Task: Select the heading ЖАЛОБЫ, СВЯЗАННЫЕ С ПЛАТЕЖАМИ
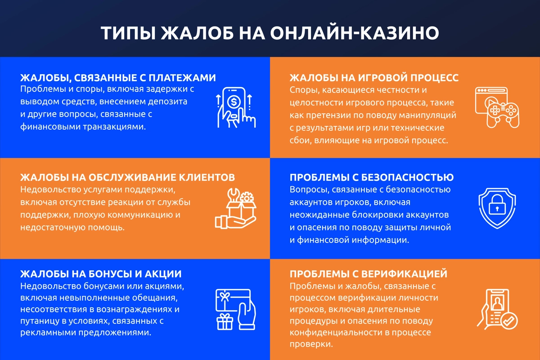pyautogui.click(x=118, y=77)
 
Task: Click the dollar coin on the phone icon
pyautogui.click(x=234, y=101)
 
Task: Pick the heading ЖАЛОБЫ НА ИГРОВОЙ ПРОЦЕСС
pyautogui.click(x=374, y=78)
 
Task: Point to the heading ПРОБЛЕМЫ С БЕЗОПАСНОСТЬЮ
pyautogui.click(x=372, y=177)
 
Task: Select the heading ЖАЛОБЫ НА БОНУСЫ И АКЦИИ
pyautogui.click(x=101, y=274)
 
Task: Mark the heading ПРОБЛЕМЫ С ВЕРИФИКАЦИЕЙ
pyautogui.click(x=369, y=274)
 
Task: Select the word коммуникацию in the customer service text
pyautogui.click(x=135, y=215)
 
